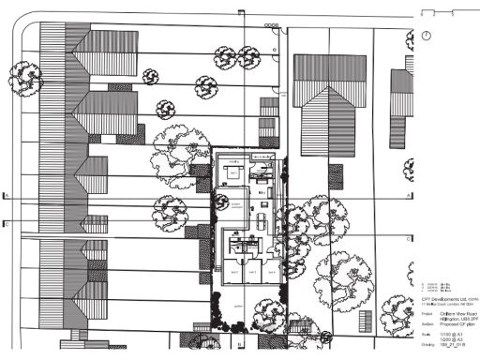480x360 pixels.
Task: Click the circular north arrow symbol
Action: tap(427, 35)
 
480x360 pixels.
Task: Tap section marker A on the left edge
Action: tap(6, 195)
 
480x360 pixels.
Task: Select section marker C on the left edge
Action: tap(6, 223)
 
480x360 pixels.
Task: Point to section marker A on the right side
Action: tap(409, 195)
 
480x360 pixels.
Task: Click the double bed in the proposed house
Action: tap(231, 174)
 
